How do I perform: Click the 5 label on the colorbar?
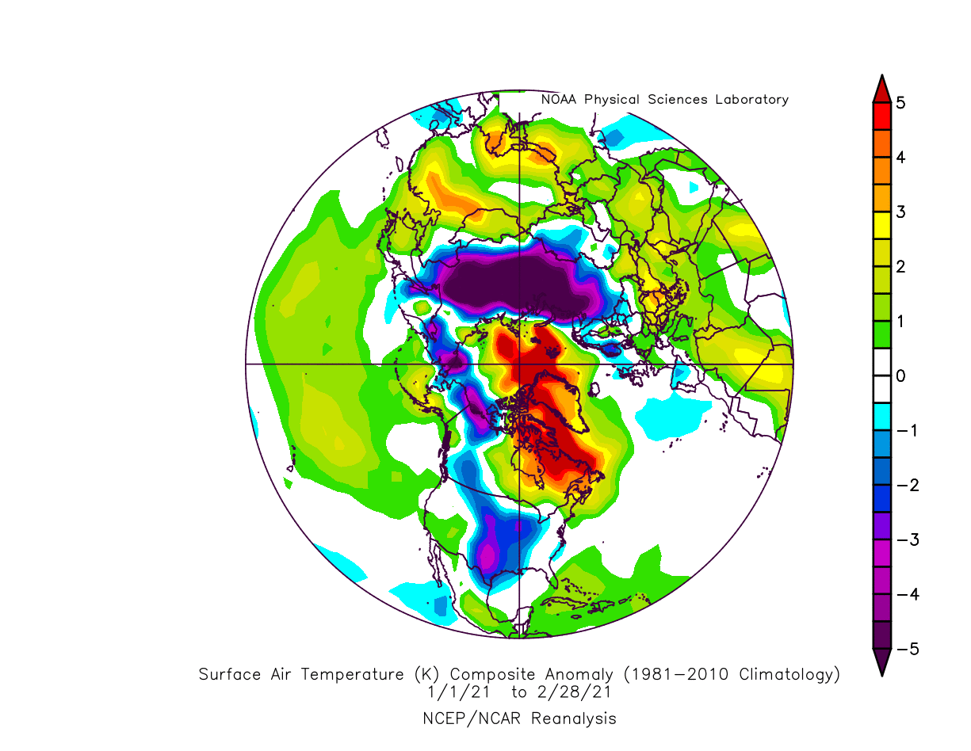click(900, 103)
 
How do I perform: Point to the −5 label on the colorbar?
click(904, 649)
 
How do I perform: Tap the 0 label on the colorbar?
click(900, 375)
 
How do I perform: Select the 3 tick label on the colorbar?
click(900, 212)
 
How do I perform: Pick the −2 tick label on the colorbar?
click(904, 485)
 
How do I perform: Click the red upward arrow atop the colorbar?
click(881, 89)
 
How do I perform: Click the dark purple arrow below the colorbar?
click(881, 662)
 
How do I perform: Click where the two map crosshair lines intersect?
click(518, 364)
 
